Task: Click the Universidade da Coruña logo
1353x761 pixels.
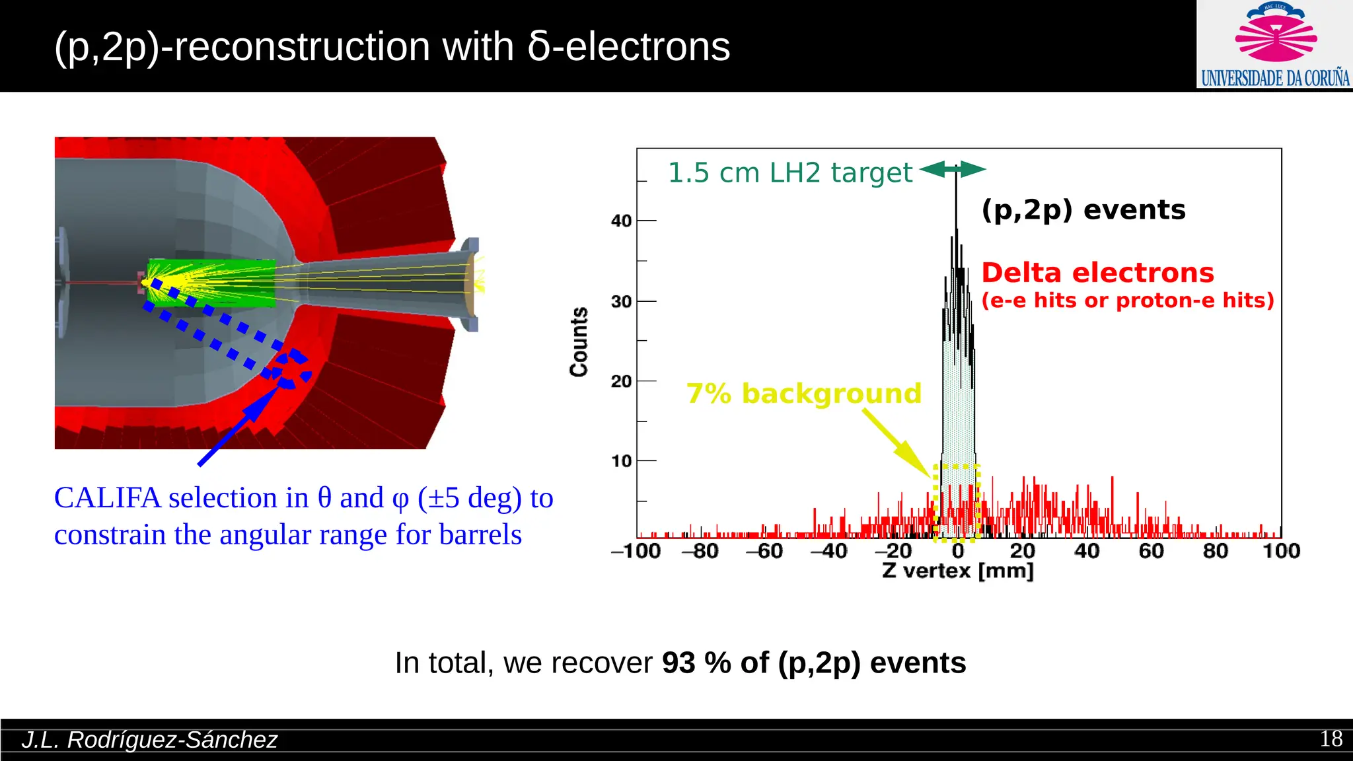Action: tap(1274, 45)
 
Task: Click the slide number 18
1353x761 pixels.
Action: tap(1331, 739)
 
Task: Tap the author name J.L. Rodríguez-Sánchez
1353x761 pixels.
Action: tap(149, 740)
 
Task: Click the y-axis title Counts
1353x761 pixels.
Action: tap(579, 342)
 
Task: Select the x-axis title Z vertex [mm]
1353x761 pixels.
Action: tap(957, 570)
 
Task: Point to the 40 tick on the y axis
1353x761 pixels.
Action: tap(621, 221)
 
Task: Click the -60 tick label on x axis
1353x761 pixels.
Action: tap(764, 551)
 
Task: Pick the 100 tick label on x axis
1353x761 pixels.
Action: tap(1280, 551)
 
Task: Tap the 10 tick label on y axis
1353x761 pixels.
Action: tap(621, 461)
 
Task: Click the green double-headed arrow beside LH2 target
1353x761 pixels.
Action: tap(953, 170)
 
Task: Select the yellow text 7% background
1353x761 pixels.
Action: tap(803, 393)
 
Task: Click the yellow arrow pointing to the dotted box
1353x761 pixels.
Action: tap(897, 443)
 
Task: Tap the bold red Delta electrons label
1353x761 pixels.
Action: tap(1097, 273)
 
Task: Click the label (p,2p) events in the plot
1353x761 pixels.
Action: tap(1083, 210)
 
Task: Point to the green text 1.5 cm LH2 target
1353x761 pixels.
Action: tap(789, 173)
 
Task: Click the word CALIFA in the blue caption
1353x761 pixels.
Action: tap(107, 497)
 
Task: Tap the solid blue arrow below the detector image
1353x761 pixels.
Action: tap(238, 426)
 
